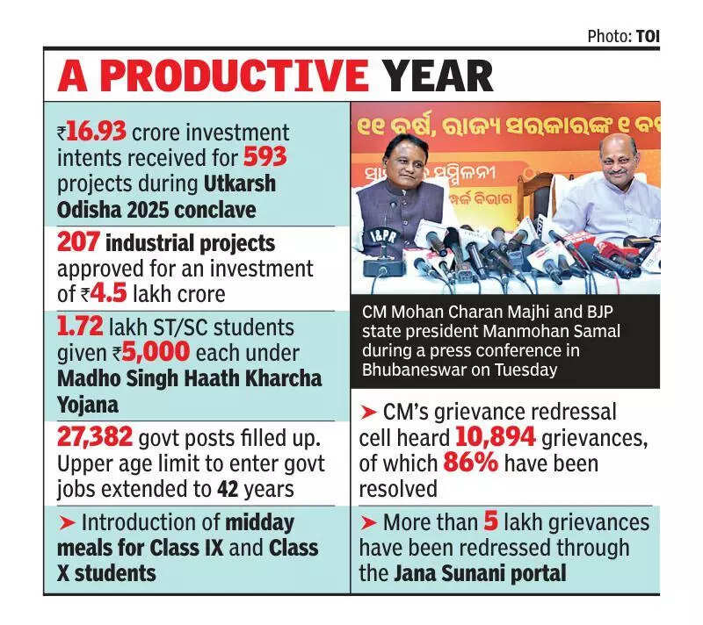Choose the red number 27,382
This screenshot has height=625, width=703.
click(95, 436)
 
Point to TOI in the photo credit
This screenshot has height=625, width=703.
click(648, 37)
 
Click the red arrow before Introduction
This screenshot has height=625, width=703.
click(67, 522)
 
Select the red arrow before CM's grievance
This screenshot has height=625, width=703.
click(367, 412)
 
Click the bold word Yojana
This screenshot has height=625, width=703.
click(87, 404)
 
